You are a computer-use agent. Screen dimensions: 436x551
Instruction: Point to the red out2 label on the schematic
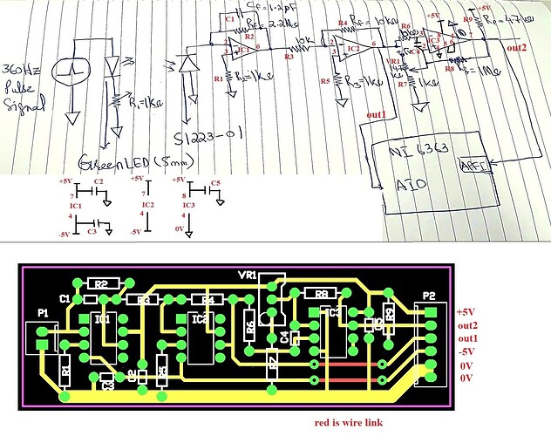point(516,46)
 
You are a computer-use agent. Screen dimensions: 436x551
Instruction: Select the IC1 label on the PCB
point(101,320)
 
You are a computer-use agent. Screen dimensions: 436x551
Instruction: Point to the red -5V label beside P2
point(467,351)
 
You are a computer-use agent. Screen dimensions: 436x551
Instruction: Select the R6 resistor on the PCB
point(249,327)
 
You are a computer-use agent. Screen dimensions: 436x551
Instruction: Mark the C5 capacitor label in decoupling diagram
point(215,183)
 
